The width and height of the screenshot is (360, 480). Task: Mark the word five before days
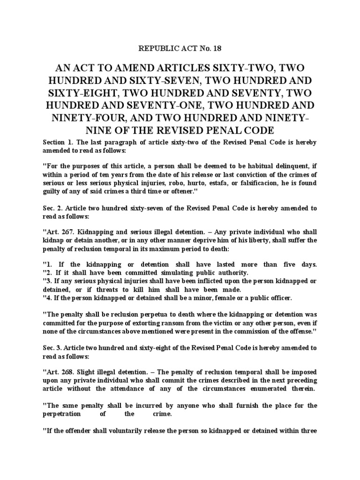[283, 264]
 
